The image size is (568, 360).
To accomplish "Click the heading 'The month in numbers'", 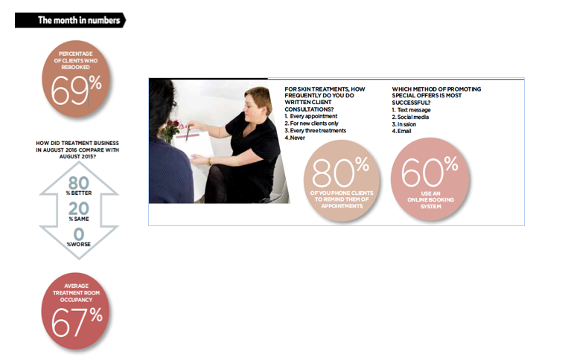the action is point(79,20).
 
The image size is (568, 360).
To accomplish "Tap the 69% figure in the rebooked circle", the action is point(76,90).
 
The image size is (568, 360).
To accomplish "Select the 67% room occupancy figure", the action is point(77,321).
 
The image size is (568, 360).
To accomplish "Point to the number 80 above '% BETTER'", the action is point(79,183).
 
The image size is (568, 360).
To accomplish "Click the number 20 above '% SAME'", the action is point(79,208).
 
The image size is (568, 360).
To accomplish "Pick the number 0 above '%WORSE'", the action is point(79,234).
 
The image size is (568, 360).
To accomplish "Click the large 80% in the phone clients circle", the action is point(340,172).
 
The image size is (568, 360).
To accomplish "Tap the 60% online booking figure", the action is point(430,171).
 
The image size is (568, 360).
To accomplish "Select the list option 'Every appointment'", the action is point(313,116).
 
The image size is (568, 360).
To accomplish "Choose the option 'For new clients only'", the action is point(314,123).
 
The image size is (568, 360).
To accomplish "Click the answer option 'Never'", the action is point(298,138).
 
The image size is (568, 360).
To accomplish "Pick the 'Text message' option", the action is point(414,110).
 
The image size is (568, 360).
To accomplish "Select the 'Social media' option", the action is point(413,118).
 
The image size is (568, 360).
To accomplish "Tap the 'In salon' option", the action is point(406,124).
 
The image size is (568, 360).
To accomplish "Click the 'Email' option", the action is point(404,131).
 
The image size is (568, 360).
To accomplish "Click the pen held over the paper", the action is point(188,133).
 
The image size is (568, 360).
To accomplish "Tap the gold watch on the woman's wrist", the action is point(209,161).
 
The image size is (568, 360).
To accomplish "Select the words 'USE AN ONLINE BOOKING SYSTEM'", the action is point(431,200).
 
